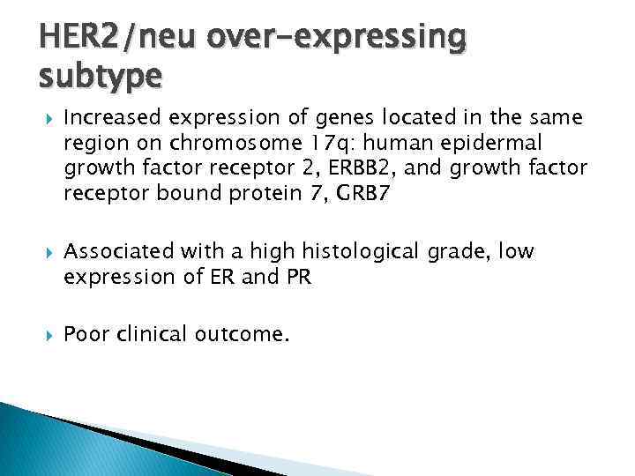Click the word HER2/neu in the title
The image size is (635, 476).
point(107,38)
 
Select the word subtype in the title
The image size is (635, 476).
point(99,77)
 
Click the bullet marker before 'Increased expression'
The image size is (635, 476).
point(47,117)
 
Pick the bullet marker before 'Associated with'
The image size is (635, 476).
point(47,252)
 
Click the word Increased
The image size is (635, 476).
point(105,117)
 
